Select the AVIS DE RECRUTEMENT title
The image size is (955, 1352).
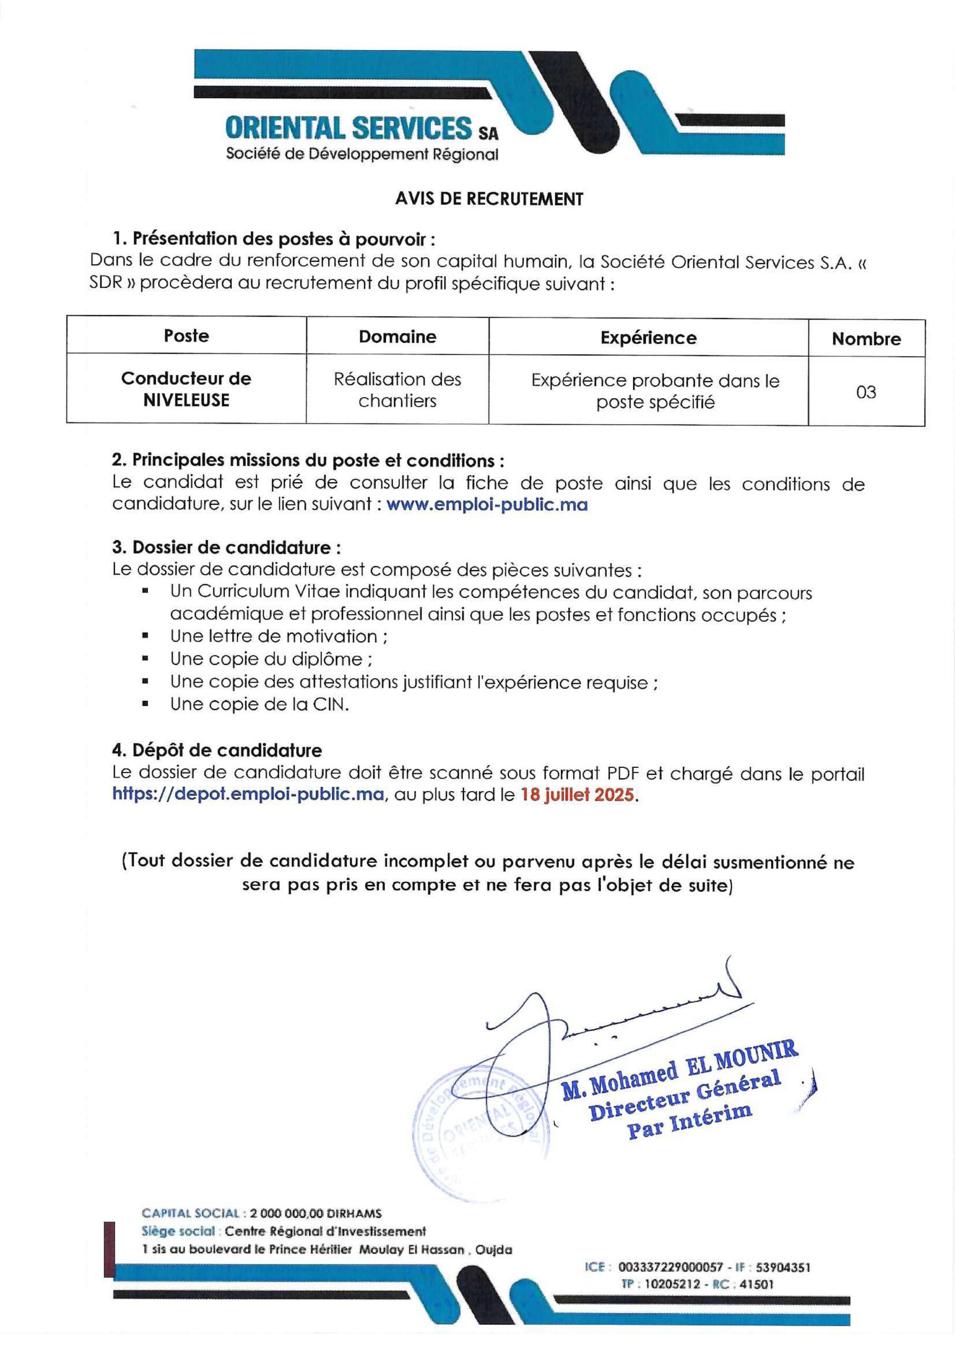(489, 200)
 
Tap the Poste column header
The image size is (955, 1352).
(186, 336)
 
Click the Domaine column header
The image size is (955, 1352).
(397, 337)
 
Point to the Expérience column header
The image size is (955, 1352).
(648, 338)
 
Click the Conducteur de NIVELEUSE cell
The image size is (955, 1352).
(186, 389)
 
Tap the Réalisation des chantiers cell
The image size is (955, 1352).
(397, 390)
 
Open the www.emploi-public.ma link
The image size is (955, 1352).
(486, 505)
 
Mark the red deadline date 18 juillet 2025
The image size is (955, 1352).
(577, 795)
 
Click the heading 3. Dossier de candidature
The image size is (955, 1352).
(226, 548)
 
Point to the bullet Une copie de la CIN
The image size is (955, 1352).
(260, 705)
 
